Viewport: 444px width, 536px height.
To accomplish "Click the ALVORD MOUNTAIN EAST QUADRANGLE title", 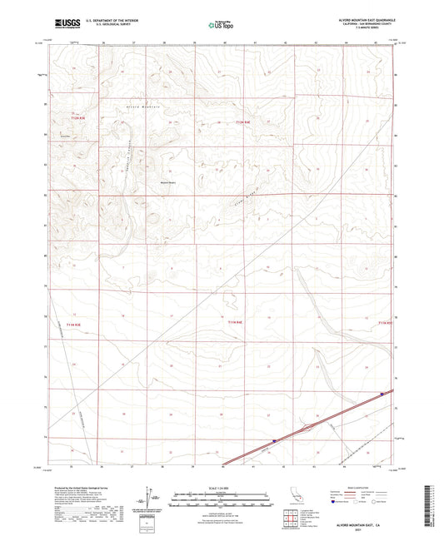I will (367, 17).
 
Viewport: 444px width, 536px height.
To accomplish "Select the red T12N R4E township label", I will (242, 123).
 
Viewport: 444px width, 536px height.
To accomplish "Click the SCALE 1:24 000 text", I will (221, 488).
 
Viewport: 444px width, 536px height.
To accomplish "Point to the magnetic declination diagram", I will (150, 504).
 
